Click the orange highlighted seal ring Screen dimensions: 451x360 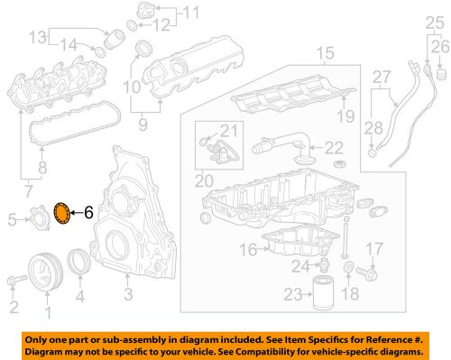click(x=63, y=213)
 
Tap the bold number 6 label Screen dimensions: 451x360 click(x=88, y=213)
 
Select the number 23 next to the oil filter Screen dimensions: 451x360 click(x=290, y=293)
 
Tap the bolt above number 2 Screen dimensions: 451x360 click(x=14, y=280)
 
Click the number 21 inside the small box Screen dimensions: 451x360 click(x=227, y=131)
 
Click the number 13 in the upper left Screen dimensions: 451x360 click(x=35, y=38)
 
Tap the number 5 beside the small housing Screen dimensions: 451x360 click(x=12, y=217)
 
